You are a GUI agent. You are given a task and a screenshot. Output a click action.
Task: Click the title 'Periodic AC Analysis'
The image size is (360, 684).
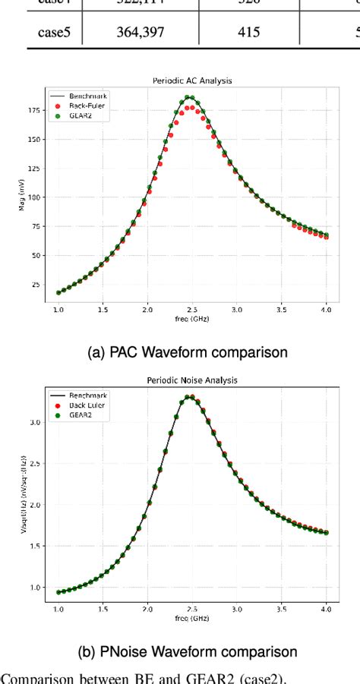click(x=192, y=80)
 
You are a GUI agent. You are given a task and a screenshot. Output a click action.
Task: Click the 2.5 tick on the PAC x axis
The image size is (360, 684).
click(x=192, y=310)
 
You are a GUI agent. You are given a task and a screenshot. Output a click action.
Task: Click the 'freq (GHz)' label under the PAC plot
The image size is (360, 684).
click(x=192, y=319)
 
